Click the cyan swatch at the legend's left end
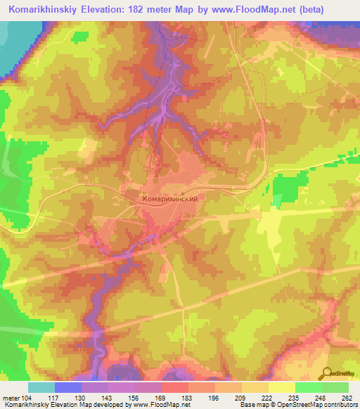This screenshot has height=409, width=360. click(41, 387)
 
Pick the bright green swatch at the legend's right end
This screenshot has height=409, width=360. click(335, 387)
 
